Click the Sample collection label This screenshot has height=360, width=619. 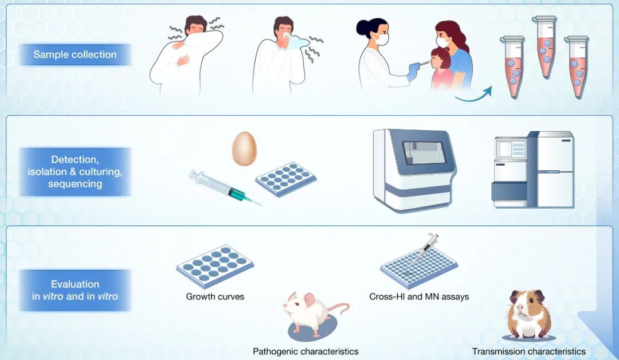point(75,54)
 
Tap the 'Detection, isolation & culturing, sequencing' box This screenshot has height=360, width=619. point(75,172)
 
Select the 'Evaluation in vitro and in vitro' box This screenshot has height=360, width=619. point(75,290)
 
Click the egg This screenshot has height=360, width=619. point(244,148)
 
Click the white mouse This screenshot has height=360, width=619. point(312,314)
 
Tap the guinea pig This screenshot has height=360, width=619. point(528,314)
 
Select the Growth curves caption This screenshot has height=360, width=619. point(215,296)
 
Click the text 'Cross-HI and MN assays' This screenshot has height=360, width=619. point(419,296)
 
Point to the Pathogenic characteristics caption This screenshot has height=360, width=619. point(305,351)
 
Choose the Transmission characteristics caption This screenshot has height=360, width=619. point(529,351)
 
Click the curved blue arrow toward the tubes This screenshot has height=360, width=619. point(474,97)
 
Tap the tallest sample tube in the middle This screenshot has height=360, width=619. point(545,46)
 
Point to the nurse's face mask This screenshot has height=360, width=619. point(381,39)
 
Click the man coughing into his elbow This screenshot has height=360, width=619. point(186,54)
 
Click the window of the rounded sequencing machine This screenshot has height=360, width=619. point(424,152)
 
